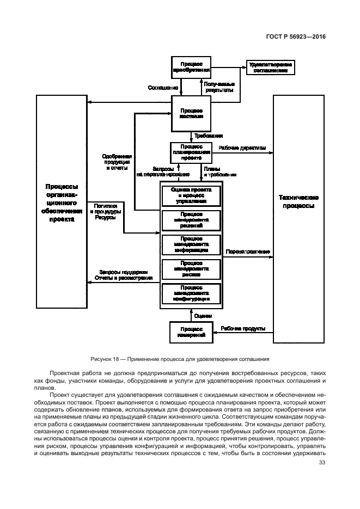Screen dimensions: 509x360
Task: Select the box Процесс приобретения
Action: pos(191,68)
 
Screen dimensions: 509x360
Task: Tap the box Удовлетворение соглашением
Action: pos(270,67)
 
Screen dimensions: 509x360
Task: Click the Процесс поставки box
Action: pos(191,113)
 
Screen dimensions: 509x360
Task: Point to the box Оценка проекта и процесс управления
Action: pos(191,195)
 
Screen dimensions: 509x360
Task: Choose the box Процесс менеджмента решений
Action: pos(191,219)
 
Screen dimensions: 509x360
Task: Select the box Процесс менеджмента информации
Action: pos(191,245)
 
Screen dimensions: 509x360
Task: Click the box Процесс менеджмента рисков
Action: pos(191,269)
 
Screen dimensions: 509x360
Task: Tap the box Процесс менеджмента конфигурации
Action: pos(191,294)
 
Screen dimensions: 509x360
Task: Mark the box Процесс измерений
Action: pos(191,332)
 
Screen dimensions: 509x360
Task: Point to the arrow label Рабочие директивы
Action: pos(242,148)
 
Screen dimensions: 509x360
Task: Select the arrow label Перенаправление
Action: pos(247,252)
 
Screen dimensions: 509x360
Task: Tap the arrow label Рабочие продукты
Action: pos(243,329)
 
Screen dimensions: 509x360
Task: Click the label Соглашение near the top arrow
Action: pos(163,87)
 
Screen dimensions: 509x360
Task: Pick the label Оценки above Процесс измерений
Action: pos(203,316)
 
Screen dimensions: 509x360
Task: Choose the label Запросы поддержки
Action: pos(124,272)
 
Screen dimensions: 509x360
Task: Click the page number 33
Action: pos(321,463)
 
